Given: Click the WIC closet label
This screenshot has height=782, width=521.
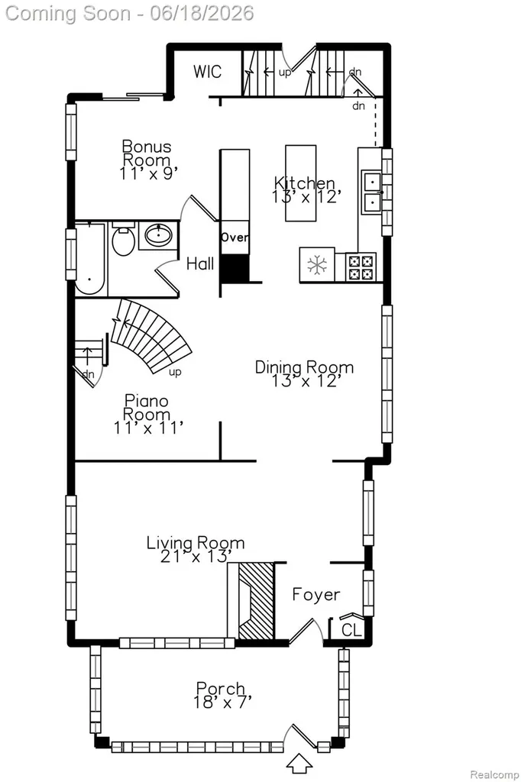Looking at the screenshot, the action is (207, 71).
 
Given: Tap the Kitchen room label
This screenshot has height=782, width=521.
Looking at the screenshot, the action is (304, 183).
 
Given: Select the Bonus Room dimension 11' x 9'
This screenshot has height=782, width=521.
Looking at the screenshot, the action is (148, 173).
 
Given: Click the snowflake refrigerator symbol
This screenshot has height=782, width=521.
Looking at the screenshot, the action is (317, 264).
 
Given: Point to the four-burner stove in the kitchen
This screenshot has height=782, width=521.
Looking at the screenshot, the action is (361, 267).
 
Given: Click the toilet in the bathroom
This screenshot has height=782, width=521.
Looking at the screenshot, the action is (123, 240).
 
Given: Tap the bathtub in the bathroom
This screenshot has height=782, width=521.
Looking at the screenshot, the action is (90, 260).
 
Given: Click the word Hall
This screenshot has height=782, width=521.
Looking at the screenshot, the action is (200, 263).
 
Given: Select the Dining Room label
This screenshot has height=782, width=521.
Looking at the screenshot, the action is (304, 367).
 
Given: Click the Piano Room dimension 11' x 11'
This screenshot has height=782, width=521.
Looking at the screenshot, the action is (148, 428).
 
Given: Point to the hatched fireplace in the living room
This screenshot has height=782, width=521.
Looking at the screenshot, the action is (256, 601).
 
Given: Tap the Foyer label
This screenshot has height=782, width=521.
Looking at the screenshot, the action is (316, 594).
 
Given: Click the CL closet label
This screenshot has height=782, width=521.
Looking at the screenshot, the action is (351, 630).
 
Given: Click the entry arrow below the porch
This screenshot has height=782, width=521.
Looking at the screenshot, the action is (300, 763).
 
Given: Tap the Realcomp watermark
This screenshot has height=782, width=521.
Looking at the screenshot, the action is (494, 774).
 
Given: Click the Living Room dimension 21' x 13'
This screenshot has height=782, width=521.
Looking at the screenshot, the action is (196, 556).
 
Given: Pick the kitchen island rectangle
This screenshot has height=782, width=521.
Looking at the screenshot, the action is (300, 183).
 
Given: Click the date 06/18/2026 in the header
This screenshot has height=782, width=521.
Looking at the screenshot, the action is (202, 13).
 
